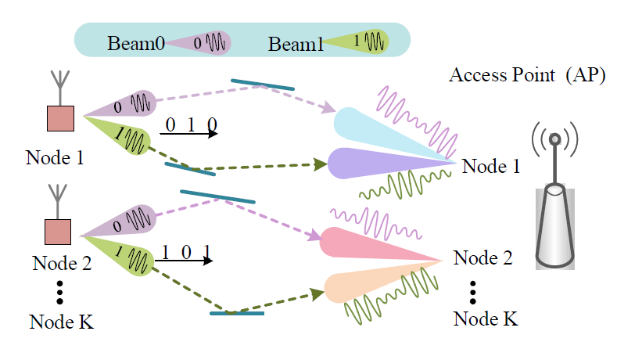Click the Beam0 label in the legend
(135, 41)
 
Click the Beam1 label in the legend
(296, 42)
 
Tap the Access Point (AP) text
(527, 77)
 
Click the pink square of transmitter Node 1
(60, 118)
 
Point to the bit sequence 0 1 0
(191, 125)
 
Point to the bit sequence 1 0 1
(185, 252)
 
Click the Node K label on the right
(485, 319)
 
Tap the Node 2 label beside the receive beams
(482, 257)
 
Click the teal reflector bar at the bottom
(237, 314)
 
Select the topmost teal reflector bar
(263, 84)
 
